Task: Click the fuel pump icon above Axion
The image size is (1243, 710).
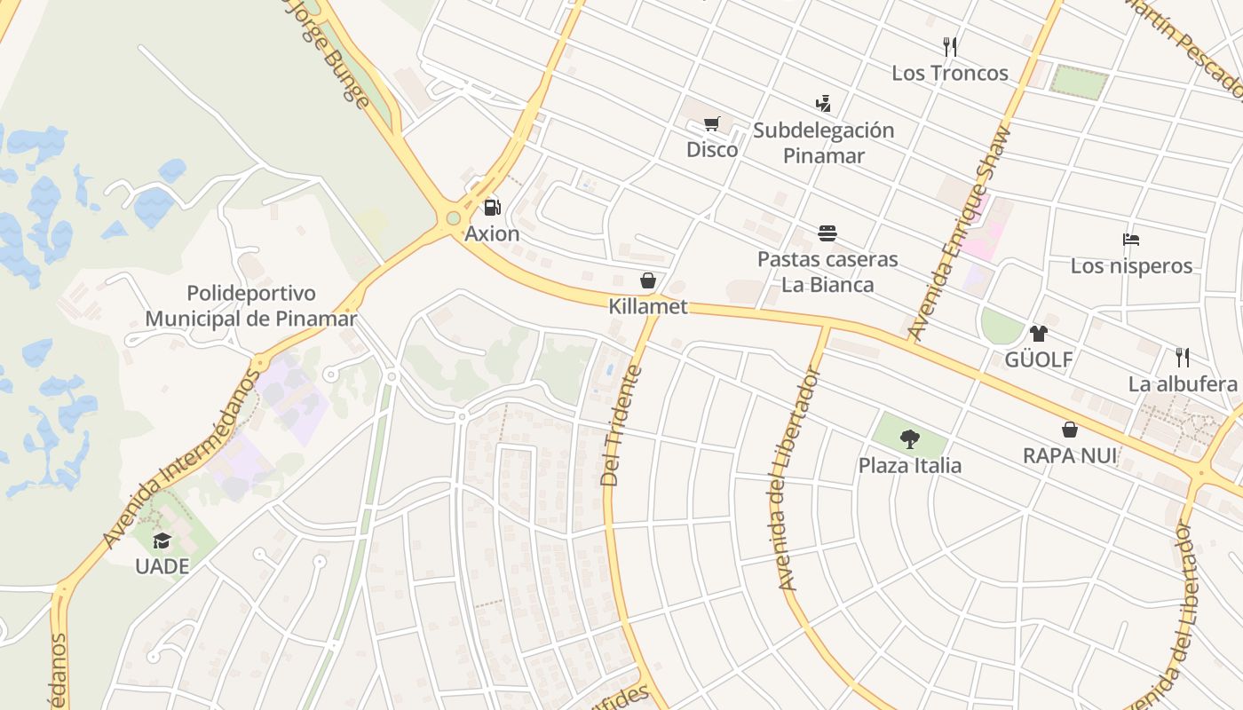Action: [x=492, y=208]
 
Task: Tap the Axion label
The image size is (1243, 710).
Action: [x=492, y=233]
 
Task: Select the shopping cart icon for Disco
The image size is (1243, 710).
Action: [x=711, y=124]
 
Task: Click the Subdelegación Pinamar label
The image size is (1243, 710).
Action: [x=823, y=143]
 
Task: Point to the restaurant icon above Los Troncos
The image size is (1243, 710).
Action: [x=950, y=47]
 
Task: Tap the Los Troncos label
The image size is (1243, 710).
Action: [x=950, y=73]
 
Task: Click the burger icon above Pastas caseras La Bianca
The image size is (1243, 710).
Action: [x=827, y=233]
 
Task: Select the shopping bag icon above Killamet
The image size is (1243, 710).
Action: [x=648, y=280]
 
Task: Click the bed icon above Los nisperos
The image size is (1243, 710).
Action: [x=1131, y=240]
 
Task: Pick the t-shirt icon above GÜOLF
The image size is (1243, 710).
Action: [x=1038, y=334]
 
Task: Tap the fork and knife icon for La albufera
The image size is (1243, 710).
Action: [x=1183, y=358]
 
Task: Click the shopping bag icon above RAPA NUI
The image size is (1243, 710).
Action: [x=1070, y=430]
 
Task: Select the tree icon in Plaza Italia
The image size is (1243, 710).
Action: [x=909, y=438]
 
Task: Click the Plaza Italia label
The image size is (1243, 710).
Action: [x=909, y=465]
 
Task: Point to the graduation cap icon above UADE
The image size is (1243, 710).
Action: [x=162, y=540]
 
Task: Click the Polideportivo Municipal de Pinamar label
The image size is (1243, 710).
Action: [x=251, y=306]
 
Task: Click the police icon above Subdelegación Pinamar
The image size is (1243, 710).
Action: [x=823, y=104]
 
